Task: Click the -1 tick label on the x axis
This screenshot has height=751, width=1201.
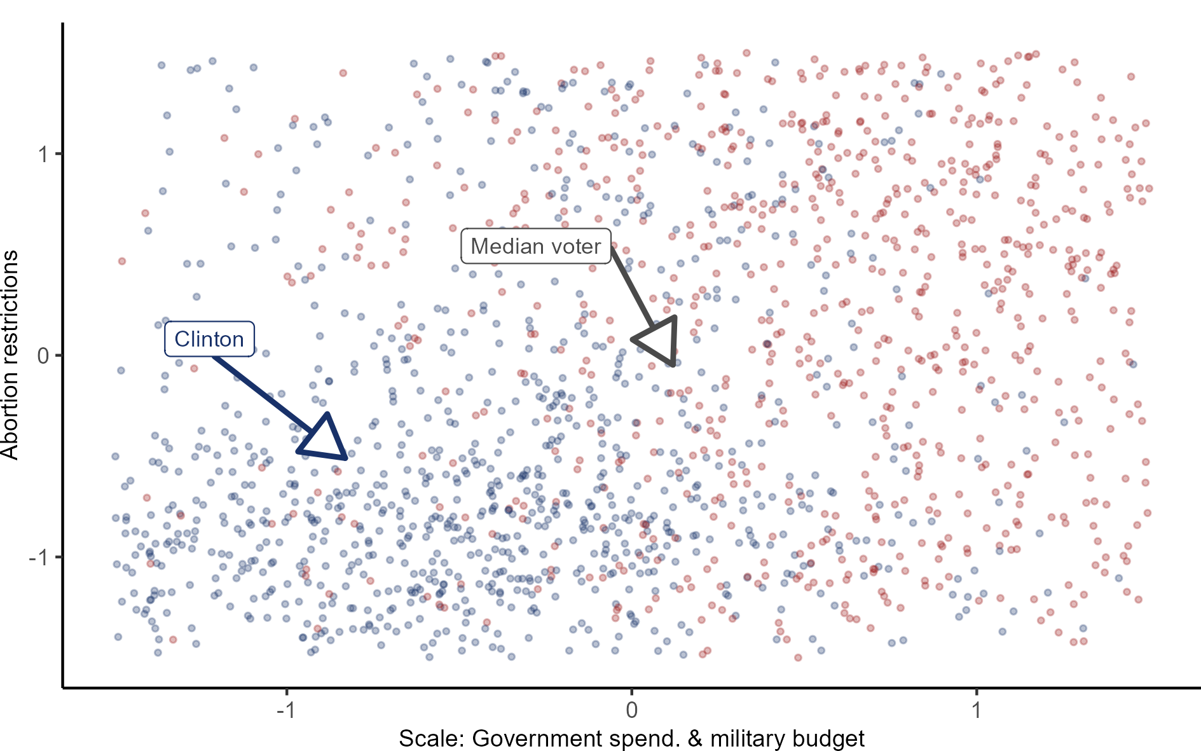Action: [x=285, y=710]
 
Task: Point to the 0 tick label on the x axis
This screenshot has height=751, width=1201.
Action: [x=631, y=710]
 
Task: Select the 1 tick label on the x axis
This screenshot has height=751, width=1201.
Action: [x=977, y=710]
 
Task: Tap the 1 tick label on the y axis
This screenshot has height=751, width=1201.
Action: [x=43, y=154]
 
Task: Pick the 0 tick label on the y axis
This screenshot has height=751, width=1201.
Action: [x=43, y=355]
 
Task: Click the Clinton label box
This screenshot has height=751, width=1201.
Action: [x=209, y=339]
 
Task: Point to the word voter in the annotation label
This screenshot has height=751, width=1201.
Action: [x=576, y=246]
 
